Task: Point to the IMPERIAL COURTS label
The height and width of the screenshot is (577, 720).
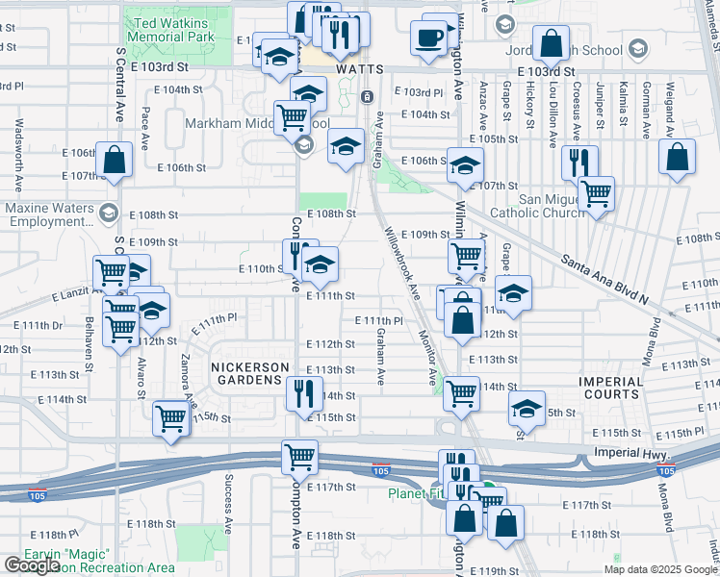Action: click(610, 388)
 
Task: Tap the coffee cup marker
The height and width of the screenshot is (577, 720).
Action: click(428, 38)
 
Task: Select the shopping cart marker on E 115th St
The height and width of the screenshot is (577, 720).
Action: click(170, 420)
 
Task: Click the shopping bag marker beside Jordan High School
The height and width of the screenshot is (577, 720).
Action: click(551, 43)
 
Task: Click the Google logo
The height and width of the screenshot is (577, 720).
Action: click(32, 564)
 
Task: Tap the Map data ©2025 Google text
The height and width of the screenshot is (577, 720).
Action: click(660, 569)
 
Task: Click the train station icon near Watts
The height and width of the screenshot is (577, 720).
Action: click(367, 96)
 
